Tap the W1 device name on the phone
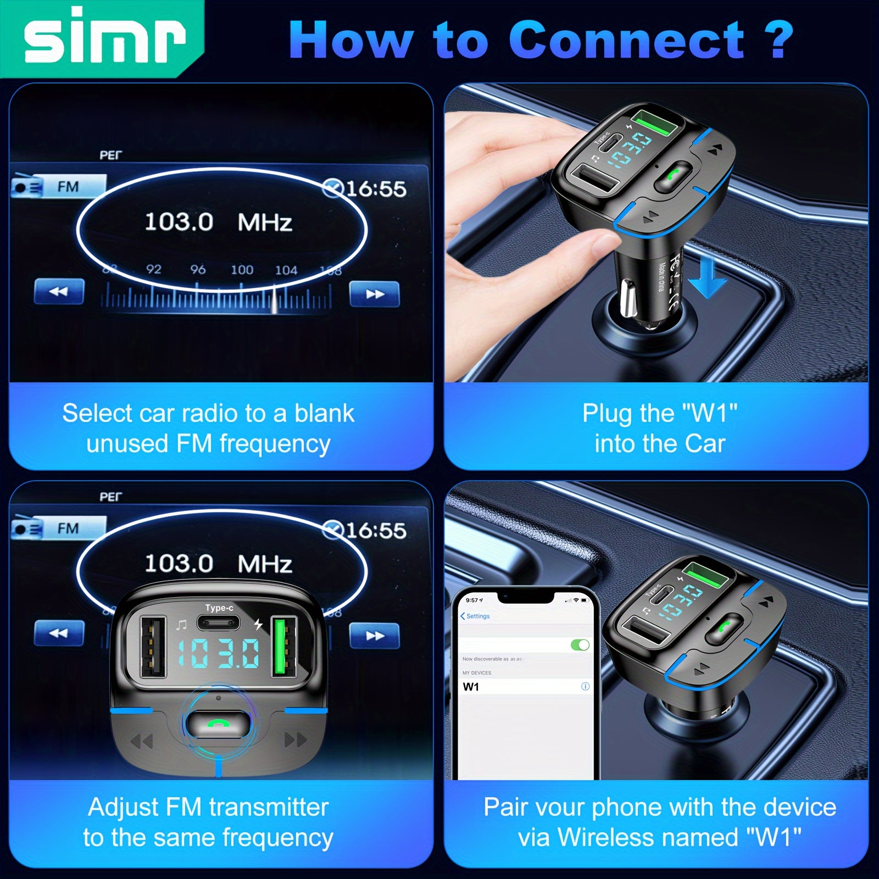coord(471,687)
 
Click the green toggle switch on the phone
coord(580,644)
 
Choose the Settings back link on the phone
coord(475,616)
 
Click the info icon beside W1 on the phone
coord(585,686)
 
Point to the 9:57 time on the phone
coord(473,600)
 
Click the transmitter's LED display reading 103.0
coord(219,654)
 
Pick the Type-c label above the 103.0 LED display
coord(219,608)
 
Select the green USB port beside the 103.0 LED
coord(283,649)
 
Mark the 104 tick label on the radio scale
coord(286,270)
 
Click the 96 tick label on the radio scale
coord(198,269)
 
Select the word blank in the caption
coord(324,414)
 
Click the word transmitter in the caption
coord(269,808)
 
